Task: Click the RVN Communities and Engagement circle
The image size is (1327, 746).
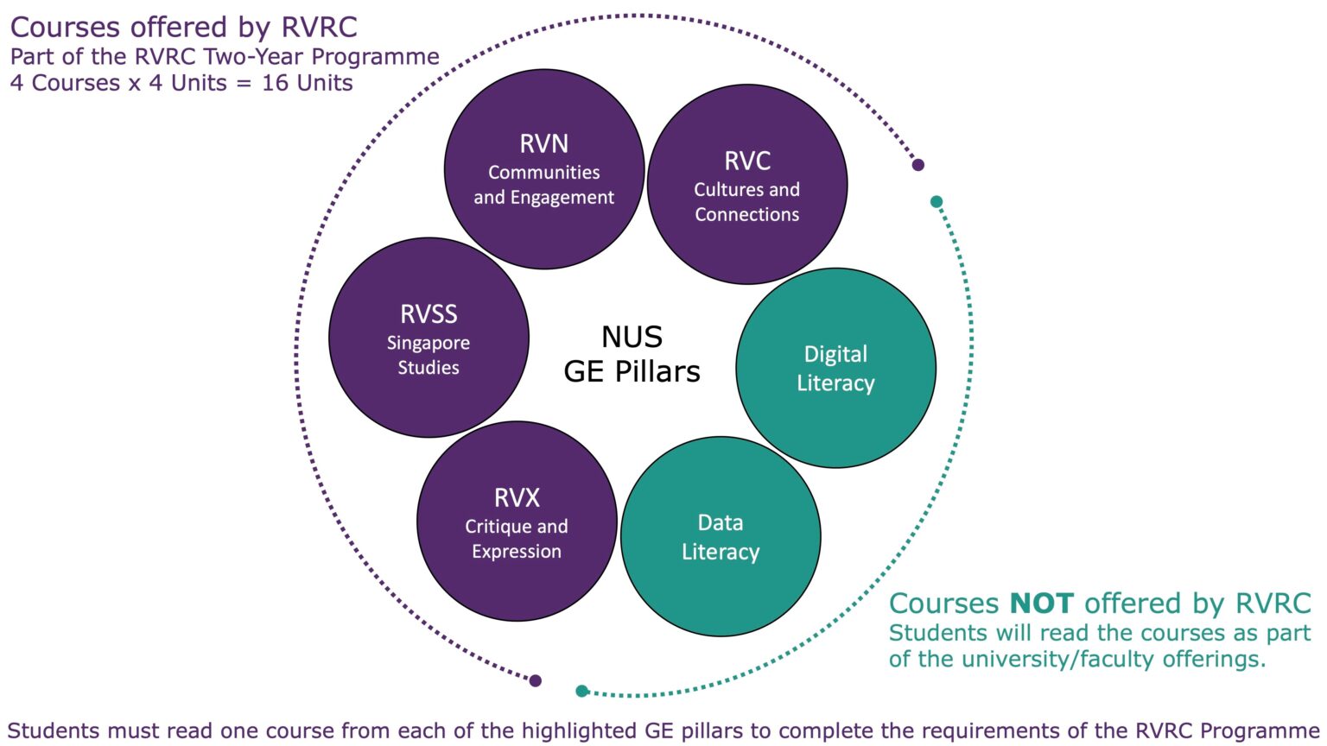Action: [x=544, y=169]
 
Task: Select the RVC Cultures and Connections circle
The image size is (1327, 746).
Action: [x=747, y=185]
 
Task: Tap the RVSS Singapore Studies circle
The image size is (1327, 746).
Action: [x=429, y=338]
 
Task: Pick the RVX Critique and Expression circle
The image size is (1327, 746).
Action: [x=517, y=522]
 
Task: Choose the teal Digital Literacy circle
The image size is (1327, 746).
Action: [x=835, y=368]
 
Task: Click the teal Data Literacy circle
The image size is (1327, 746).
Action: [x=721, y=536]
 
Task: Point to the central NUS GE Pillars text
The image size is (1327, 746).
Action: [x=632, y=354]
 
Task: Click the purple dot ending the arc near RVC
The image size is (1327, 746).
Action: [x=918, y=165]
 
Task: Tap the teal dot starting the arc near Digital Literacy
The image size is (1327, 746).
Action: [x=937, y=202]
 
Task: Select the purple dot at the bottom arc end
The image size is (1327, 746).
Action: [x=536, y=680]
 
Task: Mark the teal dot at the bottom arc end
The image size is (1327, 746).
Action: [x=582, y=691]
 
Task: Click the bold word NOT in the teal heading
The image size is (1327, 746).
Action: [x=1041, y=603]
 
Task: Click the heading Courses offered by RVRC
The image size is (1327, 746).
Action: [x=183, y=28]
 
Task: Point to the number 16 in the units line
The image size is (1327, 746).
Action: [x=275, y=83]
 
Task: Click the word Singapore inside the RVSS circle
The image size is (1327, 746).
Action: [x=429, y=343]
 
